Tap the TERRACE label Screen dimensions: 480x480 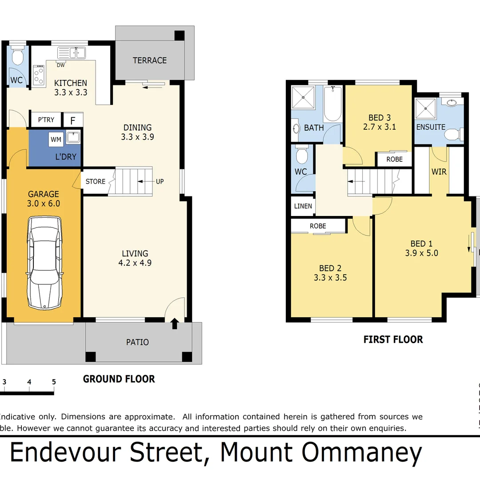(150, 60)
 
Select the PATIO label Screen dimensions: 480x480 (138, 342)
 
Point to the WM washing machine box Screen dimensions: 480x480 (56, 140)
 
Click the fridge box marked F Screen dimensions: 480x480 (73, 120)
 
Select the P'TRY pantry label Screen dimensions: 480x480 (46, 120)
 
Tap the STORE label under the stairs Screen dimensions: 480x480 (96, 181)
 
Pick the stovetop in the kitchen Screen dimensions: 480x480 (39, 75)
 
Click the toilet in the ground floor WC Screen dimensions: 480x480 (18, 57)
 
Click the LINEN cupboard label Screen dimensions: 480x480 (303, 206)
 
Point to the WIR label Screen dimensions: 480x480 (439, 172)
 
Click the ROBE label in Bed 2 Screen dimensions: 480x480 (318, 226)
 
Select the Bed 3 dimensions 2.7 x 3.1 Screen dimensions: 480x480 (379, 127)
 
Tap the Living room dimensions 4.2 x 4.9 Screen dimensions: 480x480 (135, 263)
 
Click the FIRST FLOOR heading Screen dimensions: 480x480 (393, 340)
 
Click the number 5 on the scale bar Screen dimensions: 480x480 (54, 381)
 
